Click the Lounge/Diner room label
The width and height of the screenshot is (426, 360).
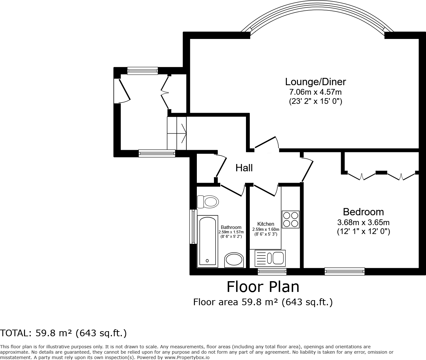tap(315, 82)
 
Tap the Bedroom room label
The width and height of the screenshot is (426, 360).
tap(363, 212)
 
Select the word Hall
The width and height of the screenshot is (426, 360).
tap(244, 168)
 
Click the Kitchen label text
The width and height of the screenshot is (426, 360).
tap(266, 224)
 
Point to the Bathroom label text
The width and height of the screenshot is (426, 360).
tap(231, 227)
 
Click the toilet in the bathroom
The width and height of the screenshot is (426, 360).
tap(208, 202)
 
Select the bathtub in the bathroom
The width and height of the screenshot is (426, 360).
tap(208, 242)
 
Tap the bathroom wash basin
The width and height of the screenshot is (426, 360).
tap(234, 260)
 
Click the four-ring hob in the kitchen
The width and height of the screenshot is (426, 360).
tap(291, 219)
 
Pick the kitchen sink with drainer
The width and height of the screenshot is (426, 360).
tap(270, 258)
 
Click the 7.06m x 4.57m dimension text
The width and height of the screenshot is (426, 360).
tap(315, 92)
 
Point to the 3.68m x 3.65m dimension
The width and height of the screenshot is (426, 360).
tap(363, 222)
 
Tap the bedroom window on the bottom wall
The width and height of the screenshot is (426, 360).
tap(345, 271)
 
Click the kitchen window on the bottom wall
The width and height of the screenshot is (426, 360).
tap(272, 272)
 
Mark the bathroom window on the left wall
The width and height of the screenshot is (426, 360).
tap(193, 227)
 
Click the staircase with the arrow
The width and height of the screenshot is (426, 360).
tap(177, 133)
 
